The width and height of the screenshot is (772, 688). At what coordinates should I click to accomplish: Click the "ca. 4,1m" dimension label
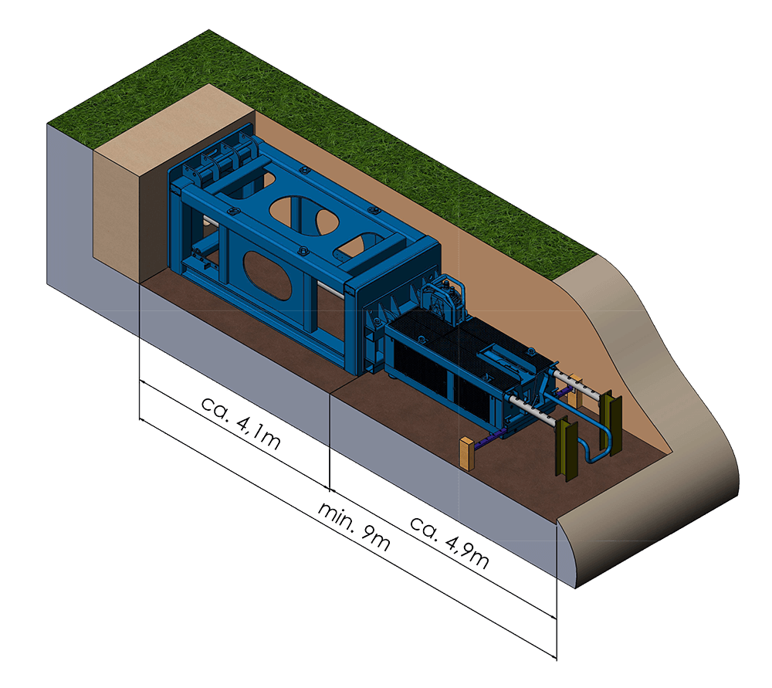(241, 423)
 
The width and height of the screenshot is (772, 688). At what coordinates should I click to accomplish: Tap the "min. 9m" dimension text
(354, 527)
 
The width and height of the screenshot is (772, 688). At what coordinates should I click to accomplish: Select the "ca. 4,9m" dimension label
(449, 542)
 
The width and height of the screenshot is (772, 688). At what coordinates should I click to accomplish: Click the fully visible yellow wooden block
(467, 453)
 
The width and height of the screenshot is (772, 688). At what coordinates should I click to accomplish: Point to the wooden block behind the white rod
(574, 391)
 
